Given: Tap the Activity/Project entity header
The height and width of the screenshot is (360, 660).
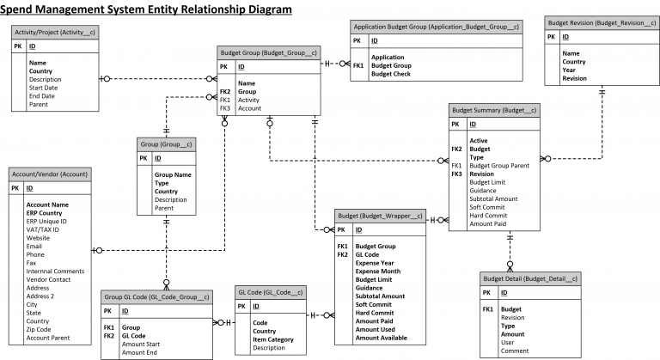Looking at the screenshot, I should pyautogui.click(x=54, y=32).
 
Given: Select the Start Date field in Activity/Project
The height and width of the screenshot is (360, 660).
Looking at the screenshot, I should pyautogui.click(x=43, y=88).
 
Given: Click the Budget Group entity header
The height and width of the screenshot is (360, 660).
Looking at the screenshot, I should pyautogui.click(x=270, y=52).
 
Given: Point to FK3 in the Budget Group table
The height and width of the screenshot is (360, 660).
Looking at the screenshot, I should pyautogui.click(x=225, y=109).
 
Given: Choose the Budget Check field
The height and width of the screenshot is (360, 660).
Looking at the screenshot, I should pyautogui.click(x=392, y=74).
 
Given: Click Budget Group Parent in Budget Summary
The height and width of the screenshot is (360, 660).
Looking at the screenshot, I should pyautogui.click(x=499, y=166).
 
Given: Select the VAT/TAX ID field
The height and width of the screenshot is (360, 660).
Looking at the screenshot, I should pyautogui.click(x=44, y=229).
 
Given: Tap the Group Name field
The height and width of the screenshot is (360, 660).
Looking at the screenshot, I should pyautogui.click(x=173, y=175).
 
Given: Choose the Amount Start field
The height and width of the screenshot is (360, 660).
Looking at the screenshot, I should pyautogui.click(x=142, y=344).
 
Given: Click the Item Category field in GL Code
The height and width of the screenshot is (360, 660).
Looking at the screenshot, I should pyautogui.click(x=273, y=339).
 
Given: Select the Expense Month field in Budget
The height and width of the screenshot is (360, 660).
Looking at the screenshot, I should pyautogui.click(x=380, y=271).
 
